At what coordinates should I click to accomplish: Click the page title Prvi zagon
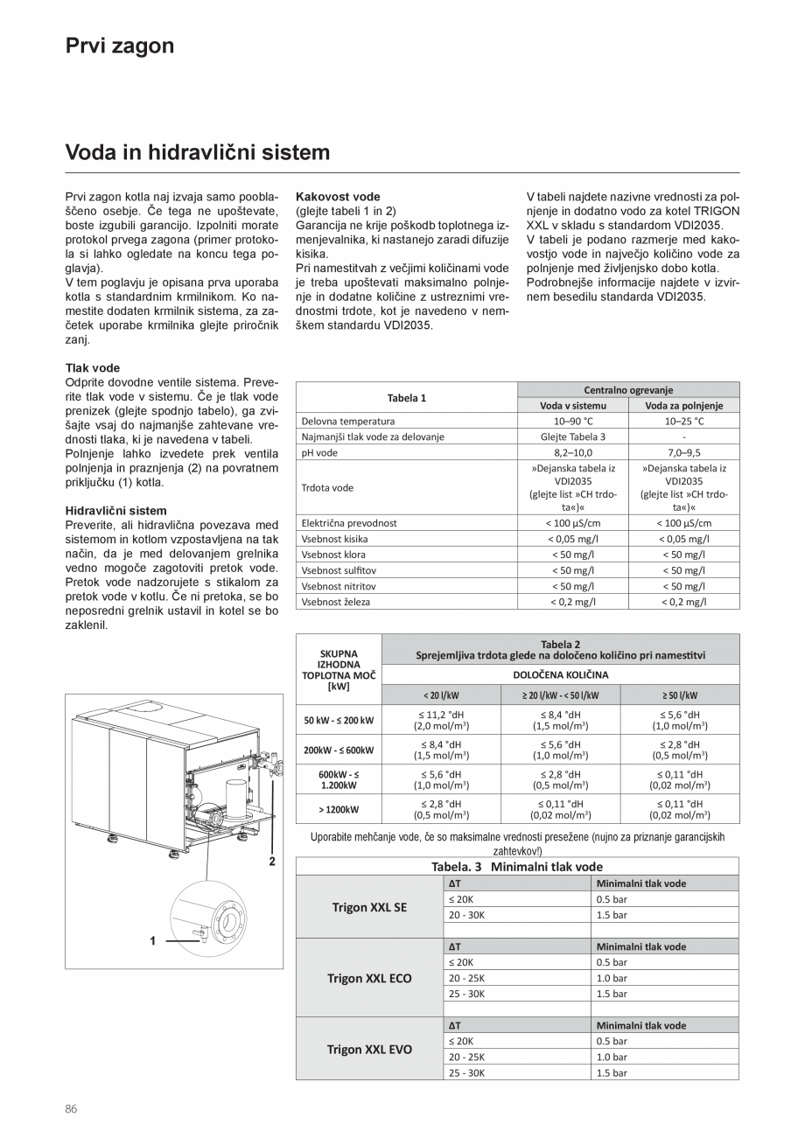120,46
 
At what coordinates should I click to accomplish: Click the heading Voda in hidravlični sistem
198,153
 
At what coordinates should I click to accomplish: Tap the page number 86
72,1109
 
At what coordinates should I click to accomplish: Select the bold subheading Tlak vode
93,367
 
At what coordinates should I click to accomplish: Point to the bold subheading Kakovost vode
338,197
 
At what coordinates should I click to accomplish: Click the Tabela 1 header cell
406,398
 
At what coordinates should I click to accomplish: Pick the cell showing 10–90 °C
573,421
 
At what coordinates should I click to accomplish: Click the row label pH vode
319,452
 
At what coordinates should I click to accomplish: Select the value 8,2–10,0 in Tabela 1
573,452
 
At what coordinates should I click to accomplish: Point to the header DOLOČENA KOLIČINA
560,674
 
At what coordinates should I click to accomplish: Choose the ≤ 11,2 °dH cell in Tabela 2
441,720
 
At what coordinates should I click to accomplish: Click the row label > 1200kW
339,810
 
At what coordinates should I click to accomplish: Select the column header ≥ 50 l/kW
680,695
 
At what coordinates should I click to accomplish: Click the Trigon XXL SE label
369,907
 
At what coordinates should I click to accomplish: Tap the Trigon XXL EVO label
369,1049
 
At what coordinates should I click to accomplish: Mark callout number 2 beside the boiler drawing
272,861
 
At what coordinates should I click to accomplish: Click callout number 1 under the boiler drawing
153,940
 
